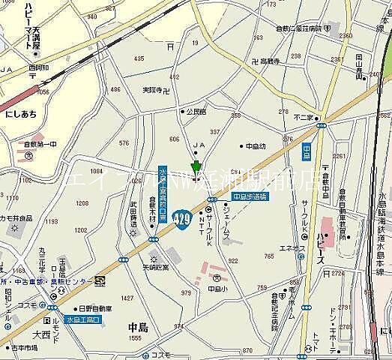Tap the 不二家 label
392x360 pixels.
pyautogui.click(x=307, y=117)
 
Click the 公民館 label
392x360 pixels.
pyautogui.click(x=196, y=111)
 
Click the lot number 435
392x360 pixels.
pyautogui.click(x=139, y=58)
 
